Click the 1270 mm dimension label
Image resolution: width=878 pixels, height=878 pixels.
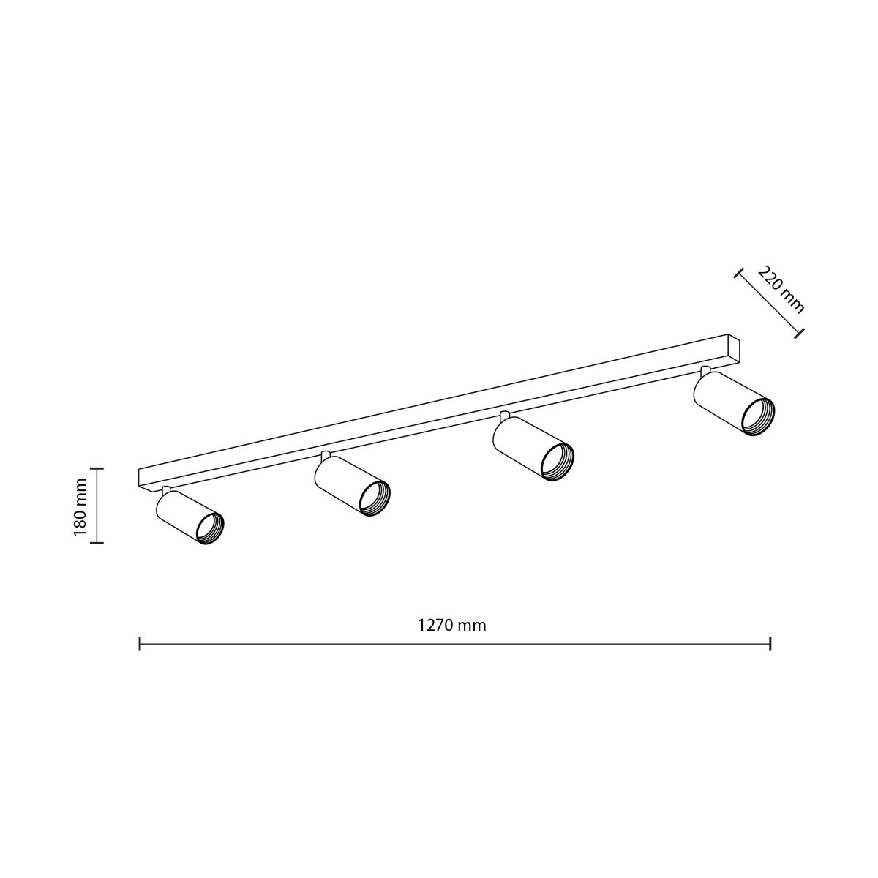pyautogui.click(x=451, y=626)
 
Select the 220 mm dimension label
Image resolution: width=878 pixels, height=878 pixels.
pyautogui.click(x=781, y=290)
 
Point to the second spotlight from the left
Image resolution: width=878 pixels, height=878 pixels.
pyautogui.click(x=351, y=486)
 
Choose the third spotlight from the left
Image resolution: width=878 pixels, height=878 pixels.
pyautogui.click(x=532, y=449)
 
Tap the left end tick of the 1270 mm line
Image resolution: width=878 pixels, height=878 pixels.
pyautogui.click(x=140, y=644)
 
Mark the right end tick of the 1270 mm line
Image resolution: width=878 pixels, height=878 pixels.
pyautogui.click(x=770, y=644)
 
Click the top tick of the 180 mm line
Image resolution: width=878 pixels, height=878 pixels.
pyautogui.click(x=100, y=468)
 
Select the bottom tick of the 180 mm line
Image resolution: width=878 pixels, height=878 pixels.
pyautogui.click(x=100, y=543)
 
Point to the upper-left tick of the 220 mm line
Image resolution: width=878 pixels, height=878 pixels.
pyautogui.click(x=738, y=273)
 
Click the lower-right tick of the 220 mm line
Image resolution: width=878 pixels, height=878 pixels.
pyautogui.click(x=800, y=334)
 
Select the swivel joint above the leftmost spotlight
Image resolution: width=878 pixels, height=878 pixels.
pyautogui.click(x=167, y=489)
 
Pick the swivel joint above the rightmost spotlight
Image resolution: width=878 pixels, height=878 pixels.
pyautogui.click(x=705, y=369)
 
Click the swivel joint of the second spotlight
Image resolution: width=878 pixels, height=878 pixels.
pyautogui.click(x=325, y=455)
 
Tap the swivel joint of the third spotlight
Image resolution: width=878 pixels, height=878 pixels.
pyautogui.click(x=504, y=416)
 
